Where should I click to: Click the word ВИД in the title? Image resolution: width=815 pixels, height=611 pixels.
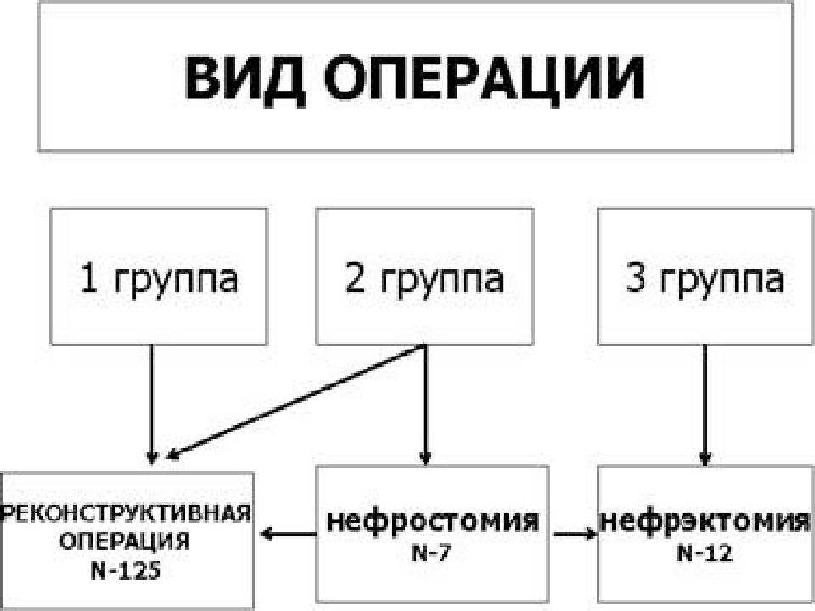pos(244,80)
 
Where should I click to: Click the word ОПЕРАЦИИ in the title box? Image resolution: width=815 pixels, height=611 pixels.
pos(484,80)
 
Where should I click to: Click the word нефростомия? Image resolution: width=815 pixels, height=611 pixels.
pos(432,520)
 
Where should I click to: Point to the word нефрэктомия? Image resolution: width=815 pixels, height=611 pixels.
pos(705,520)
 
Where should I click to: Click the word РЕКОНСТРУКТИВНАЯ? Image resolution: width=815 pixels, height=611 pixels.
pos(126,513)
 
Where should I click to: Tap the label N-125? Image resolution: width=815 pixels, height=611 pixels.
pos(126,571)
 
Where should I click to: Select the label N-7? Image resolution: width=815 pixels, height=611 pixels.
pos(431,553)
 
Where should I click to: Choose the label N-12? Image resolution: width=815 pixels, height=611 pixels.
pos(705,553)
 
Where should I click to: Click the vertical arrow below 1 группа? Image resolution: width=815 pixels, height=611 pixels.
pos(152,404)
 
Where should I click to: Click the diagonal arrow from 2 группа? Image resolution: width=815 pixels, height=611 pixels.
pos(295,402)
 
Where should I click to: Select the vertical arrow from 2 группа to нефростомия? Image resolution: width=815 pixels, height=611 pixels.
pos(425,404)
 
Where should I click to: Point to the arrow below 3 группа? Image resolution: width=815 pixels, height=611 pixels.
pos(705,405)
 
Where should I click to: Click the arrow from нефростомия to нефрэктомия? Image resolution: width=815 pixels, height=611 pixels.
pos(576,534)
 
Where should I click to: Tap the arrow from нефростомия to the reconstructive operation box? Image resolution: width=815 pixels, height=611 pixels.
pos(288,534)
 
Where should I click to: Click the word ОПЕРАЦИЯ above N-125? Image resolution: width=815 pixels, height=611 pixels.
pos(124,542)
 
